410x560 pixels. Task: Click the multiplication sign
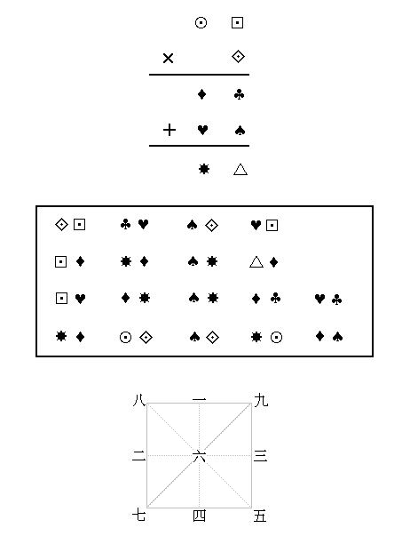pos(168,58)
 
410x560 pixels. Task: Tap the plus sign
pos(170,130)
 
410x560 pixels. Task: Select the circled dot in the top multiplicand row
pos(201,23)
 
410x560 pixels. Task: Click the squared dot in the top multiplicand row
pos(238,23)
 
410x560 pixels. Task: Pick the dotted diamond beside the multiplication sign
pos(238,57)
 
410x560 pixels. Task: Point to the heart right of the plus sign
pos(202,130)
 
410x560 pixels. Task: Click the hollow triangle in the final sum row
pos(240,169)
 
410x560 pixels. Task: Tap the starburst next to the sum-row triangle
pos(204,169)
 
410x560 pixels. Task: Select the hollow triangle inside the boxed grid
pos(256,262)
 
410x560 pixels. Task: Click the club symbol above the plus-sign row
pos(240,94)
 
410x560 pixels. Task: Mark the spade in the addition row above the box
pos(240,131)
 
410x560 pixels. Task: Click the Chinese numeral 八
pos(139,400)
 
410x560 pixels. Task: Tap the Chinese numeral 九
pos(261,400)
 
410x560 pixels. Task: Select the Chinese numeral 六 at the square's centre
pos(200,456)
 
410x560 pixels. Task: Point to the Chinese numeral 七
pos(138,516)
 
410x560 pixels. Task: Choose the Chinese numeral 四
pos(200,516)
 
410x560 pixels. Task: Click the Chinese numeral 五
pos(260,516)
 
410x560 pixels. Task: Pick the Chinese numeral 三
pos(261,456)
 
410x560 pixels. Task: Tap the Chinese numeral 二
pos(138,456)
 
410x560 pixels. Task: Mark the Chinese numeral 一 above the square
pos(200,400)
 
